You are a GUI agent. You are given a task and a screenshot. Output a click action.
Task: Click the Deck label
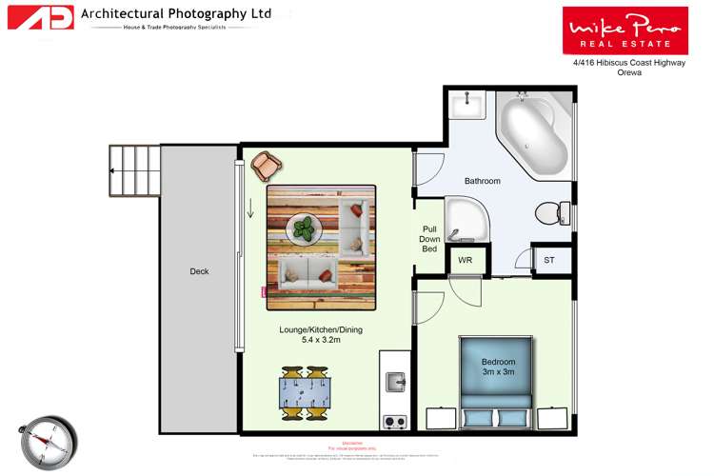tap(199, 272)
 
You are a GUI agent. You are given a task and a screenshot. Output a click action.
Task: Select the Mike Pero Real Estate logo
tap(625, 29)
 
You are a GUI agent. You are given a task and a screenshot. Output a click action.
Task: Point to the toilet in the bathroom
tap(549, 213)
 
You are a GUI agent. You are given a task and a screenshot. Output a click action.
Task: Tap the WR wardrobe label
tap(466, 260)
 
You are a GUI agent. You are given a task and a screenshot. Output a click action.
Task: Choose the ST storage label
tap(548, 260)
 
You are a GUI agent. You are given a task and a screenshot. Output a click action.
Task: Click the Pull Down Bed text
tap(429, 239)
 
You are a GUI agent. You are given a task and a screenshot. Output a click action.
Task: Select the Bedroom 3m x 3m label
tap(498, 367)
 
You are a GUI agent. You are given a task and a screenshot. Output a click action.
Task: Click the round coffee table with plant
tap(305, 228)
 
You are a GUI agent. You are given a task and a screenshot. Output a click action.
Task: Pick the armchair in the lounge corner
tap(265, 167)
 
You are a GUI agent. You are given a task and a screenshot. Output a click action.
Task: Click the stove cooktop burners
tap(394, 421)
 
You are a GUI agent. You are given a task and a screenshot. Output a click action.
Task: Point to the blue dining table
tap(304, 393)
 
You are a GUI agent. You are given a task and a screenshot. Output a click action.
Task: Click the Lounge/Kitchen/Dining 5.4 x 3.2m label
tap(320, 334)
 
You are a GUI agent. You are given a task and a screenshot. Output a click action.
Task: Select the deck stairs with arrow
tap(134, 170)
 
